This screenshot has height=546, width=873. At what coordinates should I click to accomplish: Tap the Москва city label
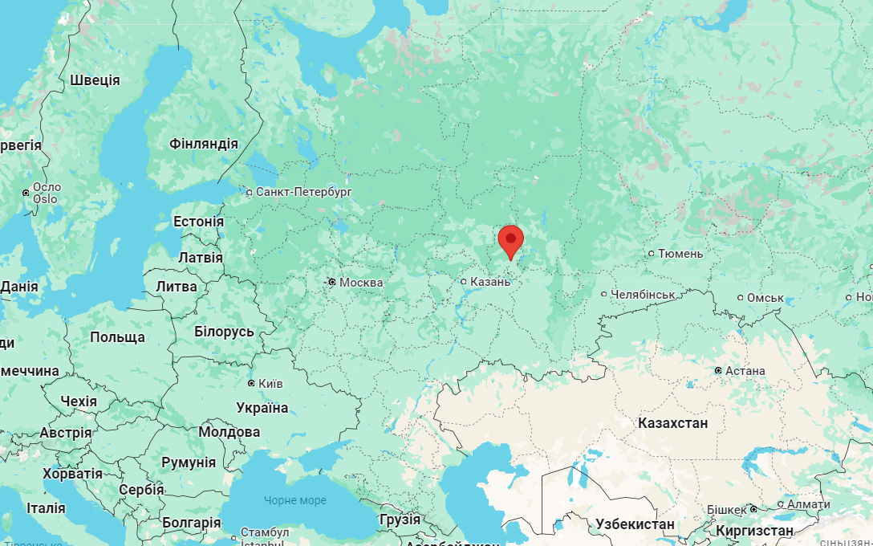click(361, 283)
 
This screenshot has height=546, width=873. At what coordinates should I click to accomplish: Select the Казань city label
click(489, 282)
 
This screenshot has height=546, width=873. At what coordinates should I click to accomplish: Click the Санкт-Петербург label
click(304, 192)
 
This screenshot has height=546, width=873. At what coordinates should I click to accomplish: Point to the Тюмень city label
click(680, 254)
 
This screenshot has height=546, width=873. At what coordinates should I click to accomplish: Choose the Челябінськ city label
click(643, 295)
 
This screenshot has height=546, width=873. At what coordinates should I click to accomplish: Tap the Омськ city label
click(765, 298)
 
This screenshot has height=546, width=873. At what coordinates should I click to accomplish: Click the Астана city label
click(745, 371)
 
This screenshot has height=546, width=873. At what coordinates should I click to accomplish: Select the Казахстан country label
click(673, 422)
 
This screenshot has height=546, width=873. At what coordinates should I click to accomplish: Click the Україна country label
click(262, 408)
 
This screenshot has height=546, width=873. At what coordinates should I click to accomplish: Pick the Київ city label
click(270, 384)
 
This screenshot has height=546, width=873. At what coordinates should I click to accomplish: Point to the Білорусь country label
click(224, 332)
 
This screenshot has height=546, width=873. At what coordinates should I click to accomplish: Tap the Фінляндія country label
click(204, 145)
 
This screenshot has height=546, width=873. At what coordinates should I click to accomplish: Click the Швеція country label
click(95, 80)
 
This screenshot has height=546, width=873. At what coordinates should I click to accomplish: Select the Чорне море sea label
click(295, 500)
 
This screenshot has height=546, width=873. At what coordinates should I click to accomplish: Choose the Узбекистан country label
click(635, 524)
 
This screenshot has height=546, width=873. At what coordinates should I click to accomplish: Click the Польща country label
click(117, 337)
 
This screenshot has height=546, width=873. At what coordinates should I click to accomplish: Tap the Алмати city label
click(809, 504)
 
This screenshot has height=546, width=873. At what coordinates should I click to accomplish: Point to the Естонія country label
click(199, 222)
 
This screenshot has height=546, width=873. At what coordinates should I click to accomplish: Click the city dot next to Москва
click(331, 282)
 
